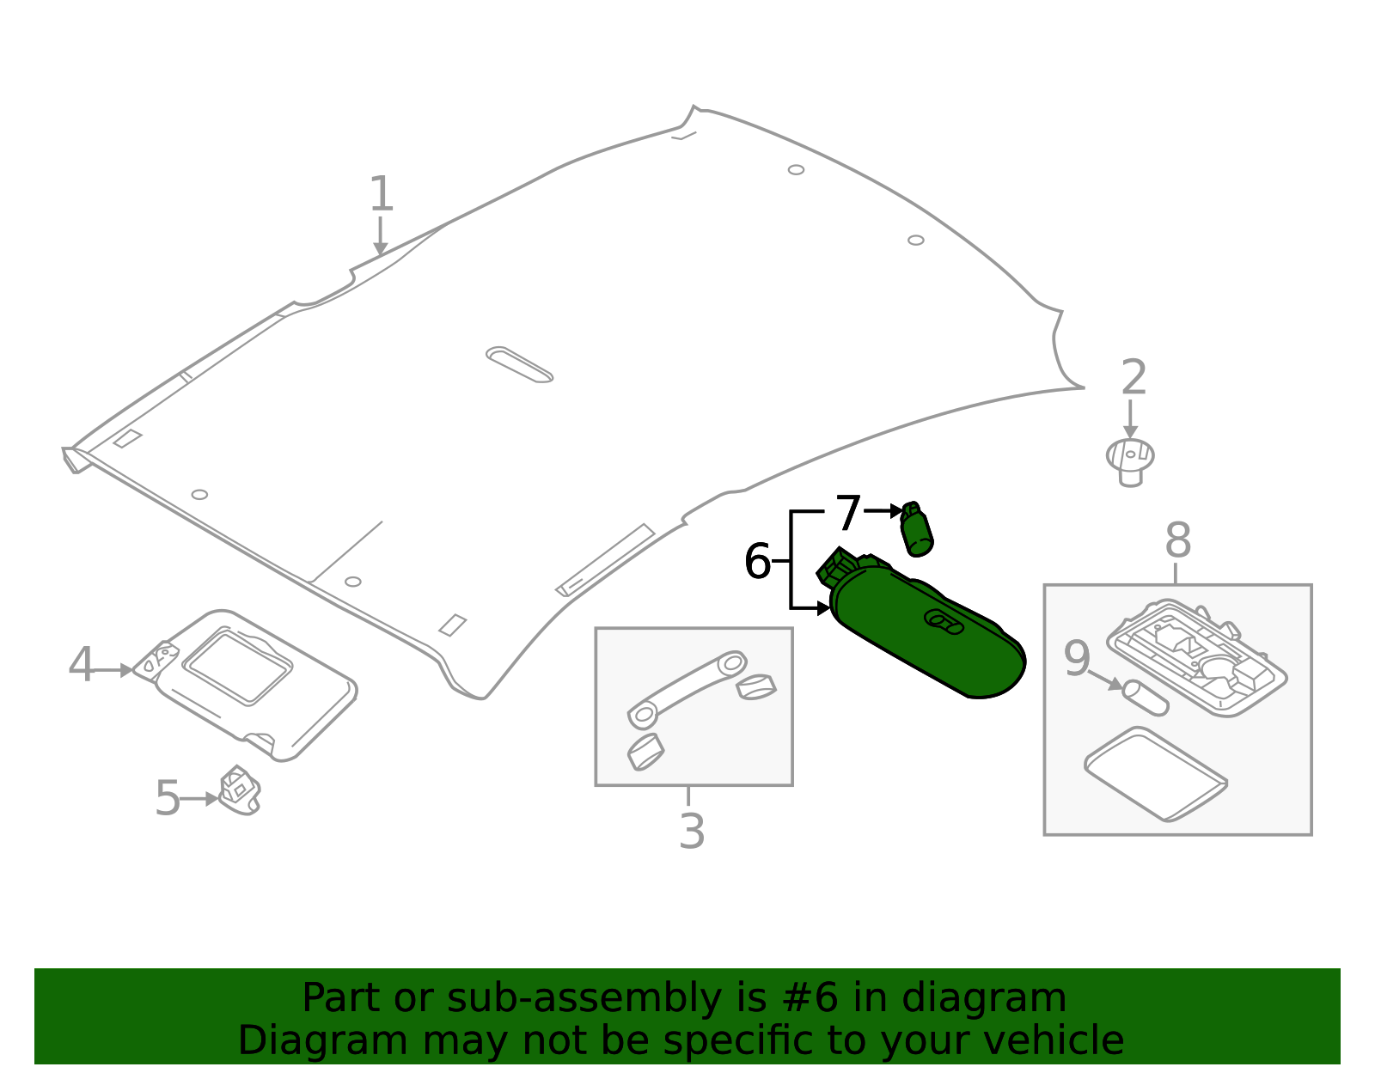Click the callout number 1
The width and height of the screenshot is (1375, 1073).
tap(381, 194)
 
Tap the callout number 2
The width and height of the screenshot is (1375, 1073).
tap(1134, 378)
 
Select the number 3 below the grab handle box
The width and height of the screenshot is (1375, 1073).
tap(692, 832)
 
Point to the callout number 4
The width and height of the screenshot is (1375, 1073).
tap(81, 666)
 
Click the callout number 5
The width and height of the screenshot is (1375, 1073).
tap(168, 799)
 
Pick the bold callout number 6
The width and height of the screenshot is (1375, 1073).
tap(757, 562)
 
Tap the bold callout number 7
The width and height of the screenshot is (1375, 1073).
tap(848, 513)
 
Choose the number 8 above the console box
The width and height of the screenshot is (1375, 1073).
tap(1177, 542)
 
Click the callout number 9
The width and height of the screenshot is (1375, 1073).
tap(1077, 659)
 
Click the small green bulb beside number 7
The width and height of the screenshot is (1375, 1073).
tap(916, 529)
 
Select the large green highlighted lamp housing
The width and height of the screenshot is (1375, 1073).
tap(928, 636)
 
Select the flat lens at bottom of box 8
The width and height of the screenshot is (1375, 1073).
tap(1155, 774)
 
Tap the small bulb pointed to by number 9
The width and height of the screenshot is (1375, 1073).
tap(1146, 698)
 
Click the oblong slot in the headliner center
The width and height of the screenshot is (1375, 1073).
tap(519, 364)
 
